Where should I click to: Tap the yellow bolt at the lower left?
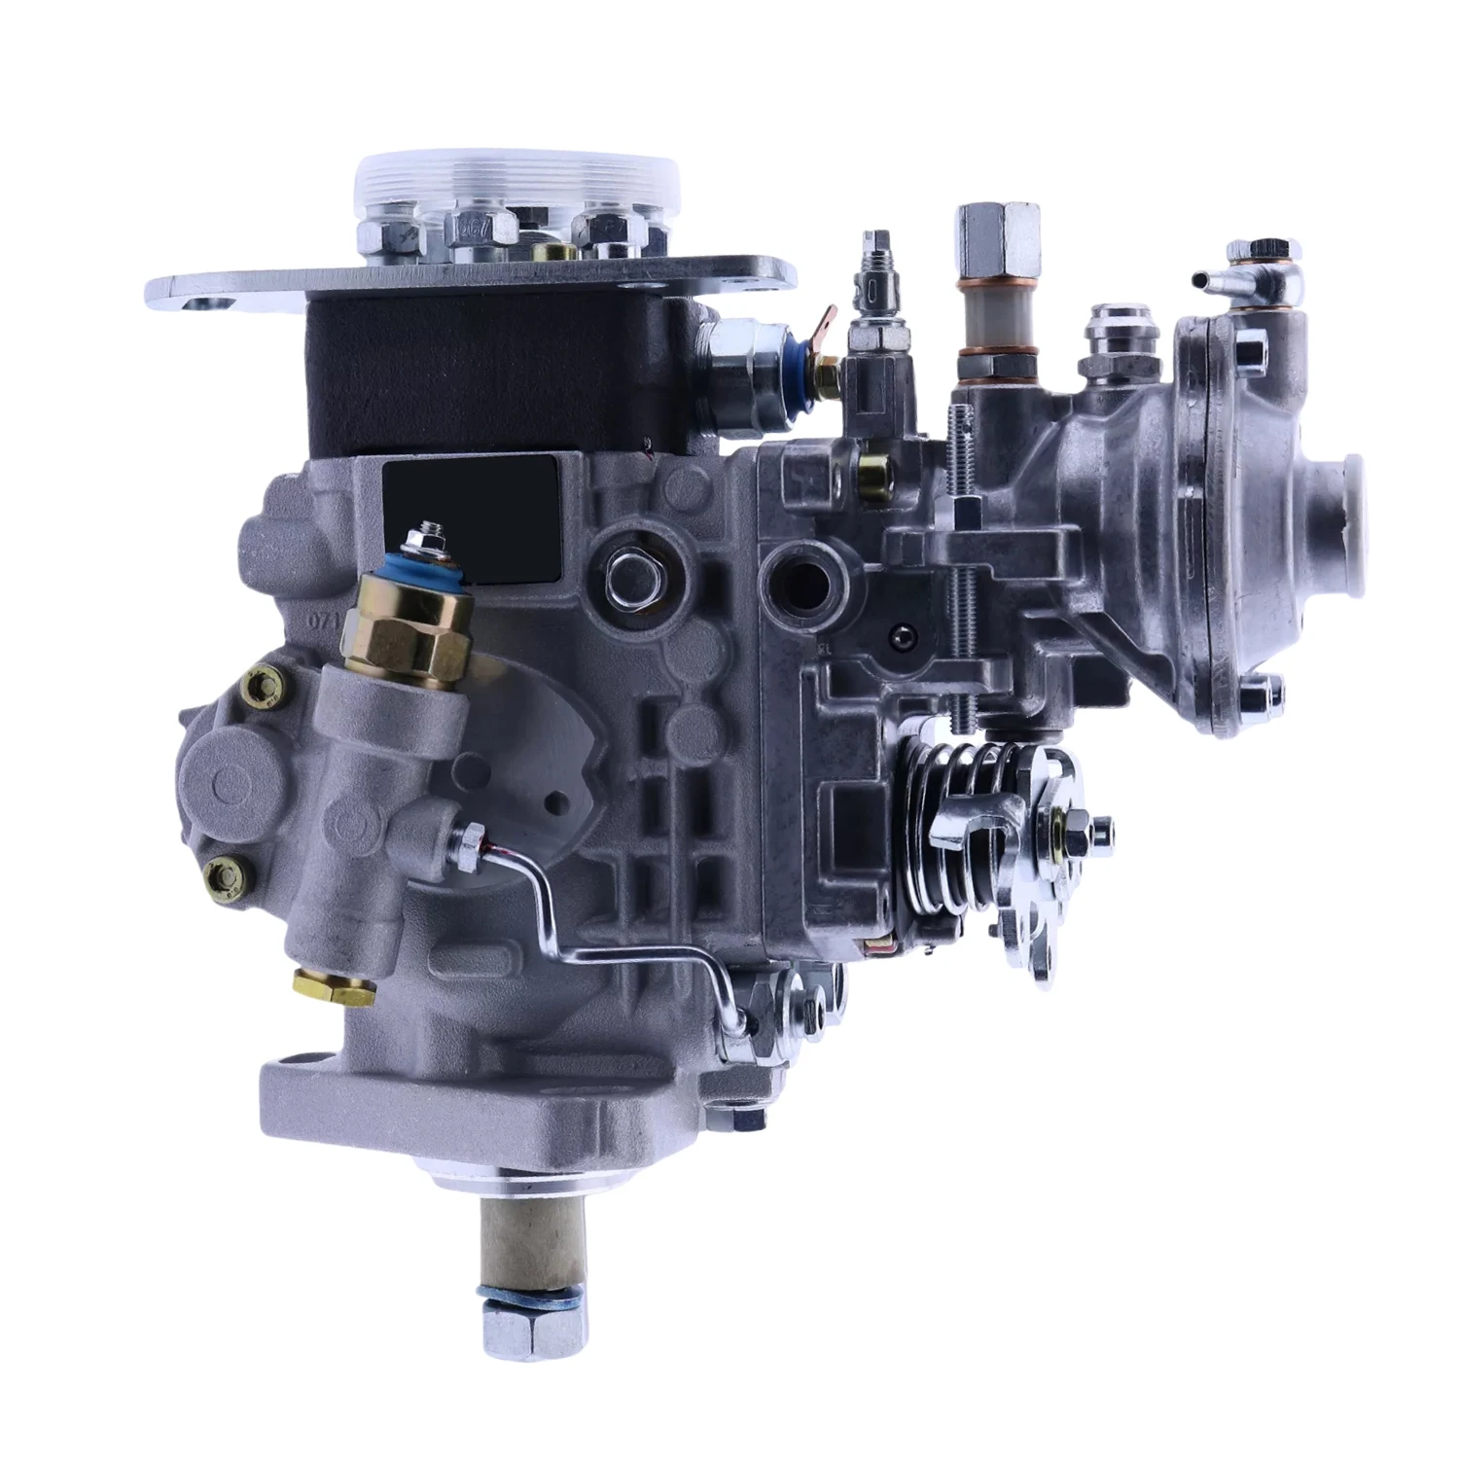[226, 874]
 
